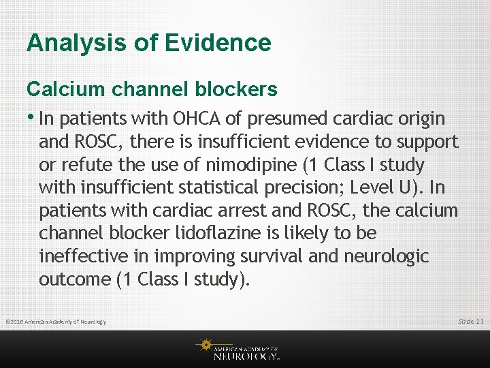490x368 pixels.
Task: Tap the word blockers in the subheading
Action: pos(235,89)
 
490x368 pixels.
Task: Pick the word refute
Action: pos(86,165)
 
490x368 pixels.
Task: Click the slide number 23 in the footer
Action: pos(480,321)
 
